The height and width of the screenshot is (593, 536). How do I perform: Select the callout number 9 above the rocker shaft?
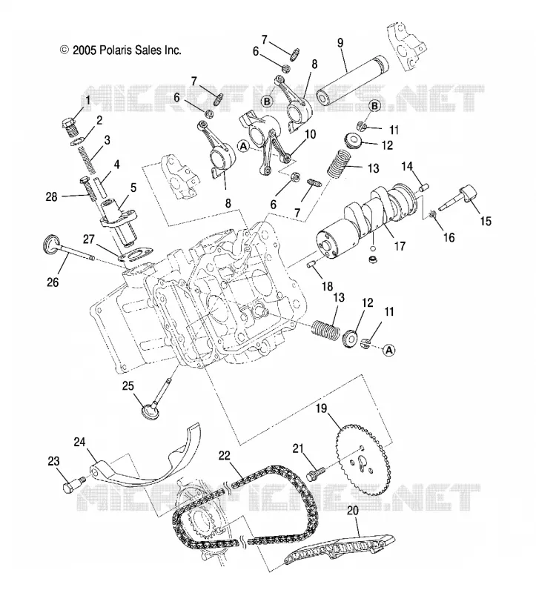click(x=340, y=43)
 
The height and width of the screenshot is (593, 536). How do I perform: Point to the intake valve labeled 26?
click(x=68, y=250)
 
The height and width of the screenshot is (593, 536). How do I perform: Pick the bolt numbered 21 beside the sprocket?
click(x=316, y=474)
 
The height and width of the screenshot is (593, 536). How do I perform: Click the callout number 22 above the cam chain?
click(x=225, y=455)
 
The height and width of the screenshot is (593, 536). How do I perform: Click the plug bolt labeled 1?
click(x=69, y=127)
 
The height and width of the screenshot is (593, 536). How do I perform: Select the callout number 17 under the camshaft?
click(x=400, y=246)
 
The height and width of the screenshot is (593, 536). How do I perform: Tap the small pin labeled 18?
click(x=312, y=265)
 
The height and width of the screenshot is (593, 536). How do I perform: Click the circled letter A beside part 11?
click(x=389, y=350)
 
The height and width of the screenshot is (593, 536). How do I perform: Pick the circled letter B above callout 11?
click(x=374, y=106)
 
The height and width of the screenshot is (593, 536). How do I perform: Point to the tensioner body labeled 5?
click(x=119, y=220)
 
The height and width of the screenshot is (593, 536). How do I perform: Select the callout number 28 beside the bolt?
click(x=52, y=196)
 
